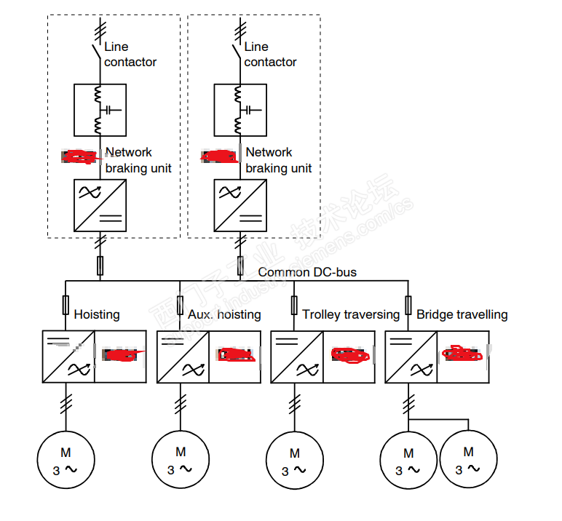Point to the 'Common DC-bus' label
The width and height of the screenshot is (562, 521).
[x=307, y=273]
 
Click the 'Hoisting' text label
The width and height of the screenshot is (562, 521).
[x=97, y=314]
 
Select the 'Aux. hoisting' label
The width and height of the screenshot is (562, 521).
[x=224, y=314]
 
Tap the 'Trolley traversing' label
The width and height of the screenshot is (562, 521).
[x=351, y=314]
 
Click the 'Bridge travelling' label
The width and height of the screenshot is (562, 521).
[x=462, y=314]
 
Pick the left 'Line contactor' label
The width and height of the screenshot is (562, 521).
[x=130, y=55]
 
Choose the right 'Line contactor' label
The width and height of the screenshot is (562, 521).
[x=270, y=55]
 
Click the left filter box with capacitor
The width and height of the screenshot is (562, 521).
[x=100, y=110]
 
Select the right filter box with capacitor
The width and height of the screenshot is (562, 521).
[x=240, y=110]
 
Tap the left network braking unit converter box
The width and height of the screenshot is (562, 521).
[x=100, y=206]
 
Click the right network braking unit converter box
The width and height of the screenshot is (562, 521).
[x=240, y=206]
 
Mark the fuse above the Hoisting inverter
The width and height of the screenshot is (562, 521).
[x=66, y=304]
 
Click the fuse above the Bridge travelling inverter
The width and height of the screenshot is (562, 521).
[x=408, y=304]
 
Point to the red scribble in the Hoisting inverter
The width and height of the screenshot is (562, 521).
[x=122, y=356]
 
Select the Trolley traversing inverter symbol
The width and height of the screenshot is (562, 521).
[x=297, y=357]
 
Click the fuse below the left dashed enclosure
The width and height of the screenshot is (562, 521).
[x=100, y=265]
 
